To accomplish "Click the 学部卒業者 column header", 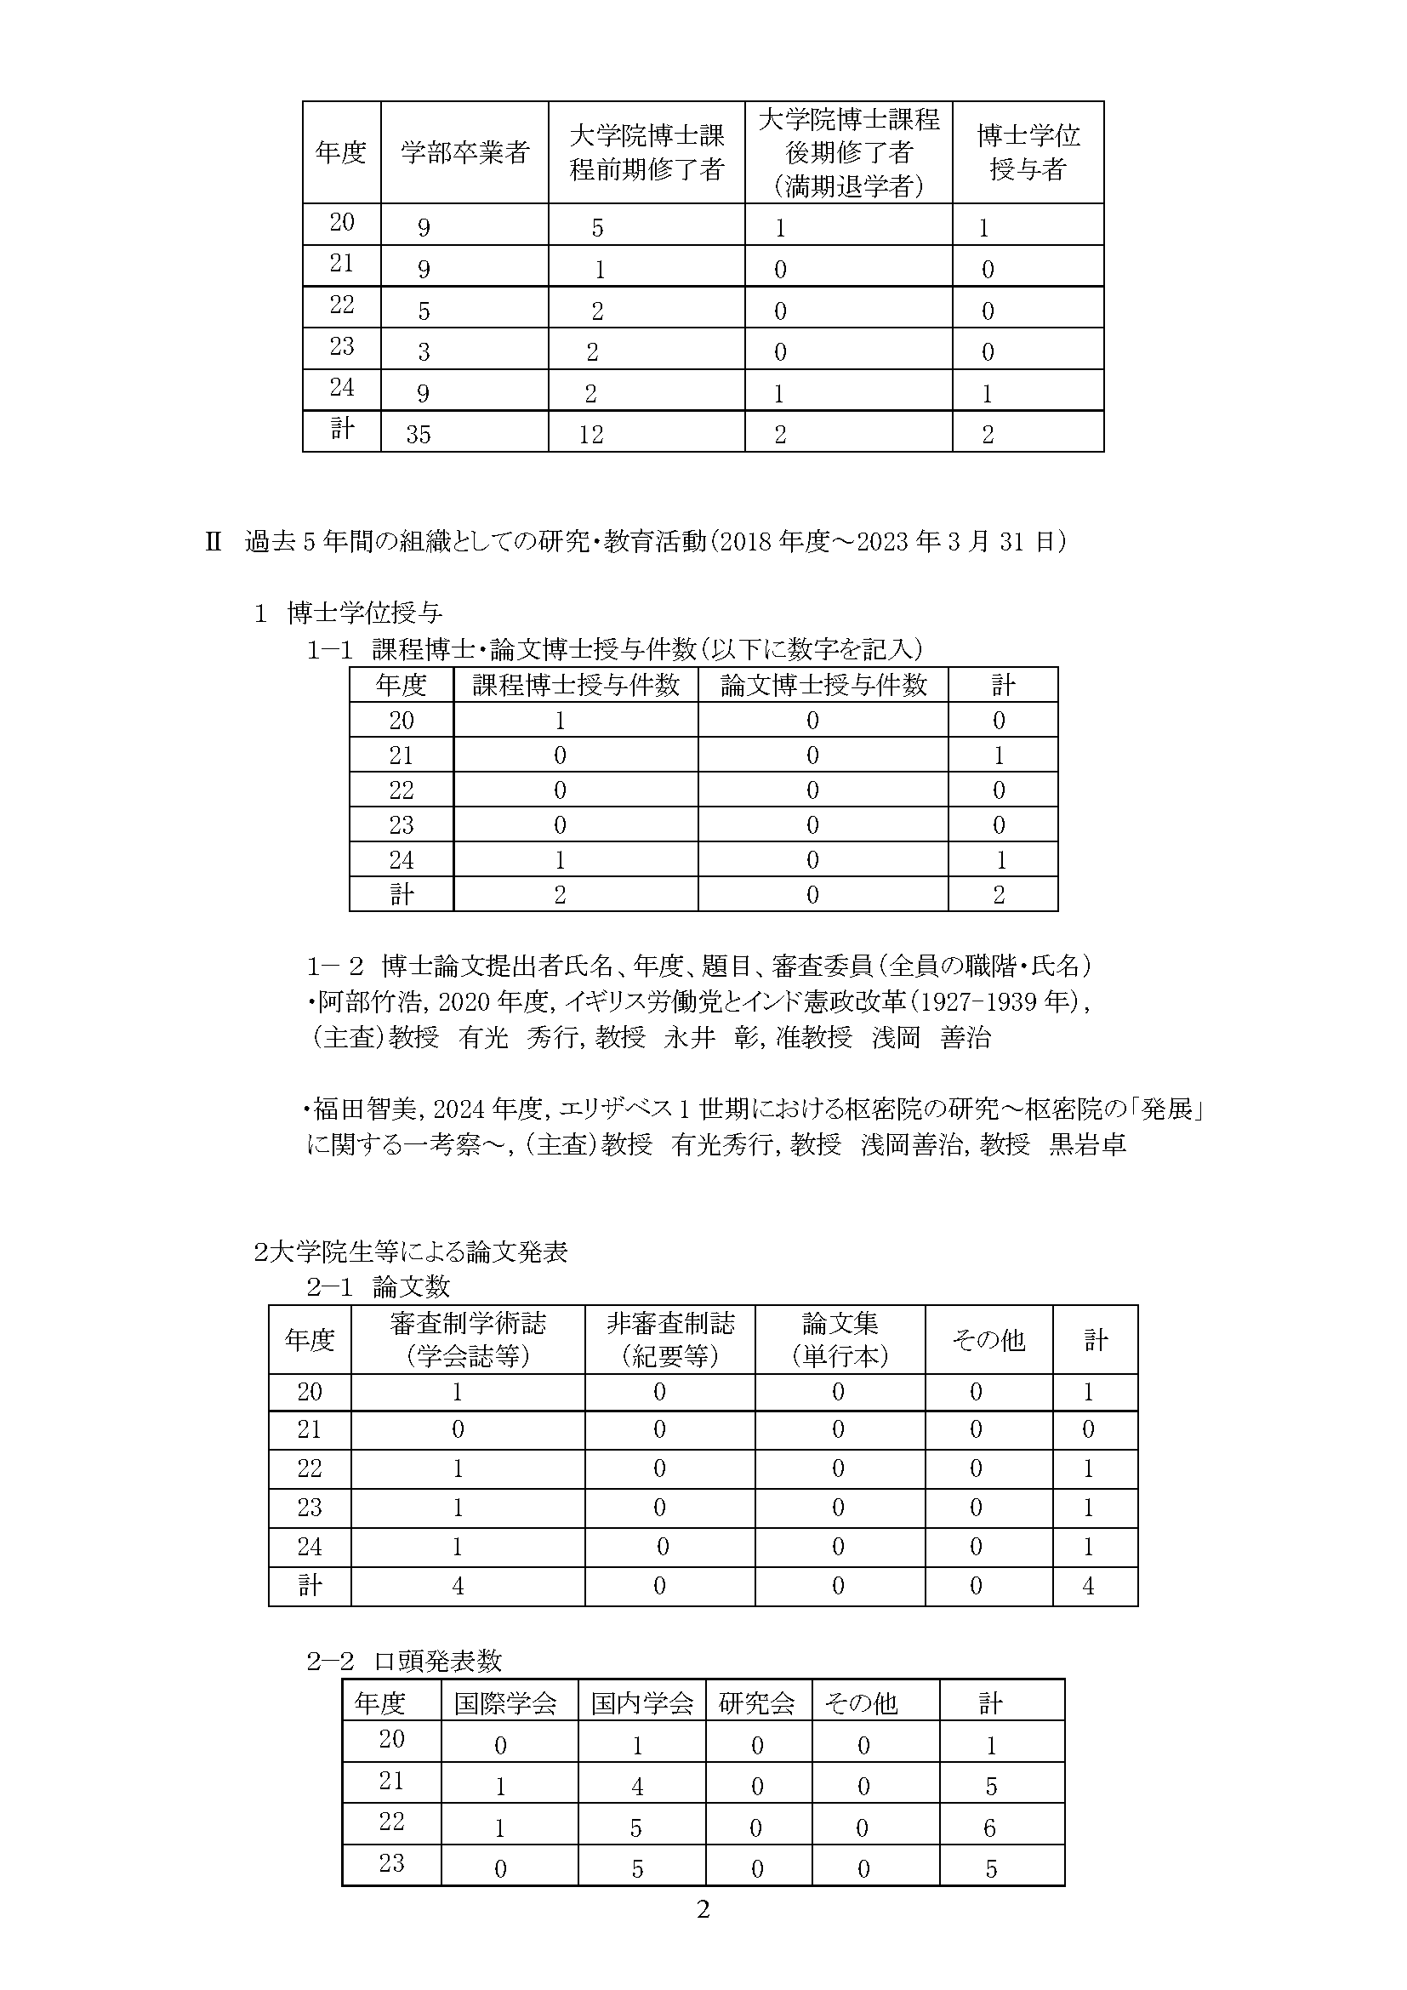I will point(464,153).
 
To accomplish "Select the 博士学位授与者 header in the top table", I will point(1028,152).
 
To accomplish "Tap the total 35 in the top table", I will point(419,434).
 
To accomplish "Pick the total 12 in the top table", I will point(591,434).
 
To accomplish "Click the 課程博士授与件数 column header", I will point(575,686).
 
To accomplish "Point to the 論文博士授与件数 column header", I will point(823,686).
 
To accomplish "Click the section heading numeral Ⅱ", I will point(214,543).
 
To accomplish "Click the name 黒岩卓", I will point(1087,1144).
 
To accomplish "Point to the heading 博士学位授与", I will point(365,613).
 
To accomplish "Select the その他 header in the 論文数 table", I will point(988,1341).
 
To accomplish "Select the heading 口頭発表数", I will point(437,1661).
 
